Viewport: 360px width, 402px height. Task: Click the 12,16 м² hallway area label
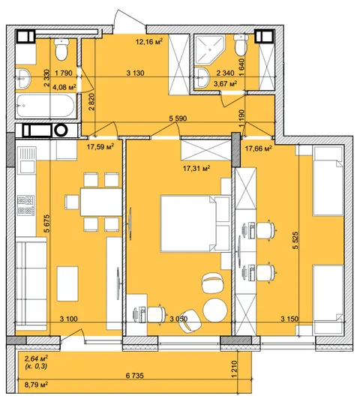tap(149, 41)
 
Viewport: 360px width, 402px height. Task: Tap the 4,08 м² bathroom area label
tap(64, 88)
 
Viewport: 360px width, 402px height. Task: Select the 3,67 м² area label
tap(225, 83)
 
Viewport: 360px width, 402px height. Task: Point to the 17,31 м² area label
tap(196, 169)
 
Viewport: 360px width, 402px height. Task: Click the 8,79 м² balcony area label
tap(36, 385)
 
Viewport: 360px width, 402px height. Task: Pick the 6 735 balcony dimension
tap(135, 376)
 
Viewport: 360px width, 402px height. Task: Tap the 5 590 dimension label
tap(178, 118)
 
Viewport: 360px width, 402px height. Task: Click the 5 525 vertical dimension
tap(295, 240)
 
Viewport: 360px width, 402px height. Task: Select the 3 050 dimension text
tap(178, 319)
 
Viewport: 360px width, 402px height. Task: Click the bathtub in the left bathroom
tap(46, 106)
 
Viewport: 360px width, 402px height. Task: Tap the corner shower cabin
tap(209, 49)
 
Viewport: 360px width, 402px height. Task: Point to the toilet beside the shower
tap(241, 45)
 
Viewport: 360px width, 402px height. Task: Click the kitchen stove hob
tap(25, 205)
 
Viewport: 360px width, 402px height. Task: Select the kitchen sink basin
tap(25, 161)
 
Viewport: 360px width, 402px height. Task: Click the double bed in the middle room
tap(195, 223)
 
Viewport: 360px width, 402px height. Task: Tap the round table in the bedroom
tap(214, 310)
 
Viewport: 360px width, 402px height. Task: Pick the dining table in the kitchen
tap(101, 202)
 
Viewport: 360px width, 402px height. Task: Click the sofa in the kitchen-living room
tap(31, 283)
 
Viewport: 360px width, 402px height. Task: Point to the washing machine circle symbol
tap(61, 130)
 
